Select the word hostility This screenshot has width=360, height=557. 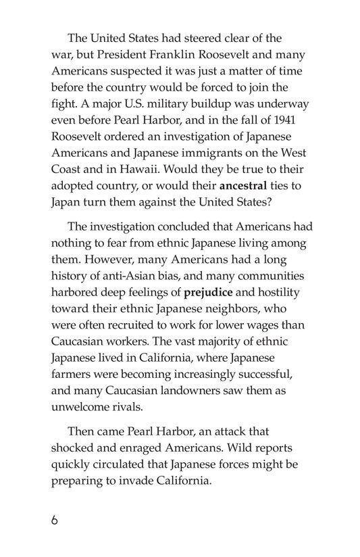coord(283,293)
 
